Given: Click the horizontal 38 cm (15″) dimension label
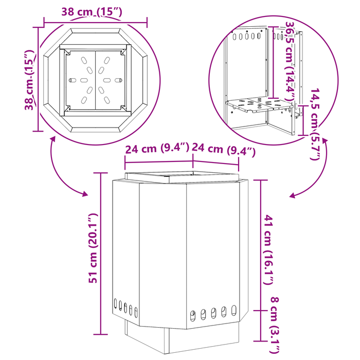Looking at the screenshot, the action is [x=92, y=12].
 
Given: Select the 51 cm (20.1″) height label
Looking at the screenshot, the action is [x=94, y=248].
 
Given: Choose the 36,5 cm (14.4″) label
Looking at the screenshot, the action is [x=290, y=61].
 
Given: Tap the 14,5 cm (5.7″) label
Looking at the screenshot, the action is [x=315, y=124].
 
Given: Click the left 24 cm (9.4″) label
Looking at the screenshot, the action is [x=157, y=148].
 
